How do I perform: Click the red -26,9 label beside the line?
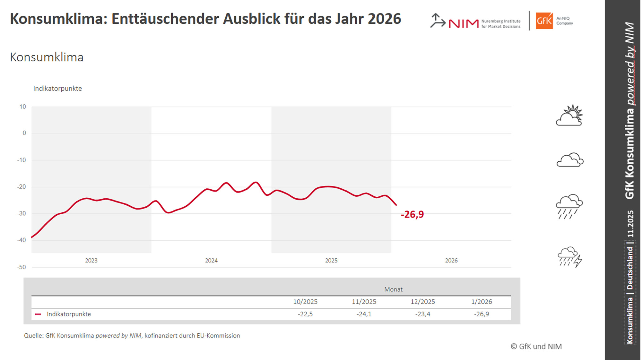pyautogui.click(x=412, y=214)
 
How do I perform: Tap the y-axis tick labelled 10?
pyautogui.click(x=22, y=107)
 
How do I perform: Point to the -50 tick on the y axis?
pyautogui.click(x=22, y=267)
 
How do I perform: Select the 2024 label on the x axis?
pyautogui.click(x=211, y=261)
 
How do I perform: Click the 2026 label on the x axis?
pyautogui.click(x=451, y=261)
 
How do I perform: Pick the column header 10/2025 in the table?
pyautogui.click(x=305, y=302)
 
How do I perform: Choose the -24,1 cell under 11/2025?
pyautogui.click(x=364, y=314)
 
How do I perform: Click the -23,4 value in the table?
pyautogui.click(x=422, y=314)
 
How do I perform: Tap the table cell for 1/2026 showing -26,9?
pyautogui.click(x=481, y=314)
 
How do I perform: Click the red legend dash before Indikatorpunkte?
pyautogui.click(x=38, y=314)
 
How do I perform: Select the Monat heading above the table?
pyautogui.click(x=393, y=289)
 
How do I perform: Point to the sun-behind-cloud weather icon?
pyautogui.click(x=569, y=115)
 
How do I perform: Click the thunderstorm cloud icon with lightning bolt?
pyautogui.click(x=570, y=257)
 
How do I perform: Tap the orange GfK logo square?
pyautogui.click(x=544, y=21)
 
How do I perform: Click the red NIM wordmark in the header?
pyautogui.click(x=463, y=23)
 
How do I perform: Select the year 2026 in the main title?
pyautogui.click(x=384, y=19)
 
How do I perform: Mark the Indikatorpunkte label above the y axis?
pyautogui.click(x=57, y=89)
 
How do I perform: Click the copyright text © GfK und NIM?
pyautogui.click(x=536, y=347)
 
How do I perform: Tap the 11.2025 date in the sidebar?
pyautogui.click(x=630, y=224)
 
